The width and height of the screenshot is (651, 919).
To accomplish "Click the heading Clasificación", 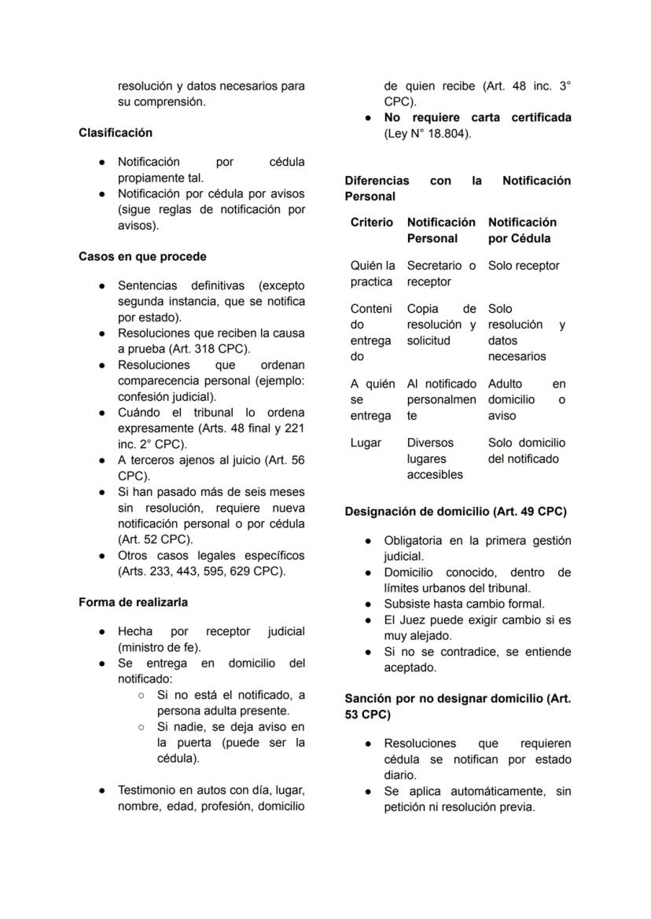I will click(116, 133).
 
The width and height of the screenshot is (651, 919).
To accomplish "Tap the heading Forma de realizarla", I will click(133, 602).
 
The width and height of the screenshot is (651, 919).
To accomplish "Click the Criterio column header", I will click(372, 222).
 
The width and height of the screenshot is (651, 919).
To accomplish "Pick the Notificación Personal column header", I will click(441, 230).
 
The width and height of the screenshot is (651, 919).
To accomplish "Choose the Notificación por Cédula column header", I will click(522, 230).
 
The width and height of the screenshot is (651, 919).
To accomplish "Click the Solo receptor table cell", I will click(524, 266).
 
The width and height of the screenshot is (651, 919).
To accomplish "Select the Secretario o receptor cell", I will click(441, 274).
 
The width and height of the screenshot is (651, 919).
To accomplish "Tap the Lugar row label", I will click(366, 443).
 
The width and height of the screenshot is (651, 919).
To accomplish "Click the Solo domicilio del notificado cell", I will click(526, 450).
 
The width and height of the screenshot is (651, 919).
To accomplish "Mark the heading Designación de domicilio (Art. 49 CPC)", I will click(455, 511).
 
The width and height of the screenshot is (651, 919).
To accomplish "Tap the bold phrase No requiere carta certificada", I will click(477, 117).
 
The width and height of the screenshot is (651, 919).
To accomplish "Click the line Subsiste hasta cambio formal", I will click(464, 604).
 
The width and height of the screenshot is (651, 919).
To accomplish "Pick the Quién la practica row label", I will click(373, 274).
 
